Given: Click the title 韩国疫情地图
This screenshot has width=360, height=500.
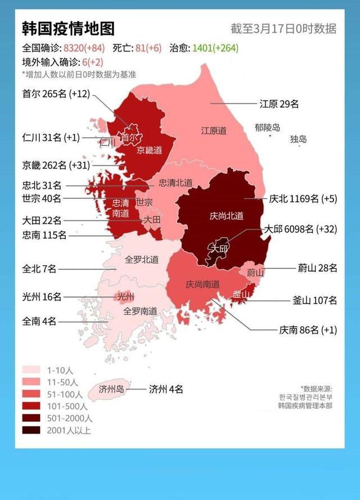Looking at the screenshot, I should [68, 29].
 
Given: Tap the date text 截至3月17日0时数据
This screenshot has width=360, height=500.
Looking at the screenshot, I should [283, 29].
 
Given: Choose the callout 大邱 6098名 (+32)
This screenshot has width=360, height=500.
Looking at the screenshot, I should [300, 229].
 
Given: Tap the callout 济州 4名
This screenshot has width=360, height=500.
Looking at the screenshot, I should [165, 389].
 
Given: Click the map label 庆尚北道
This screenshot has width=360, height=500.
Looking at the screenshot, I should [226, 216].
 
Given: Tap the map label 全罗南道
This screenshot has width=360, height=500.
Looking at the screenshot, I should [140, 310].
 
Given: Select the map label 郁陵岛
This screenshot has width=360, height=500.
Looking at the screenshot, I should [267, 128].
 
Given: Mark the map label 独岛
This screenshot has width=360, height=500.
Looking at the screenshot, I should [299, 139].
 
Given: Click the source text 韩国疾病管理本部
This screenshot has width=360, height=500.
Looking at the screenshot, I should [305, 405].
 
